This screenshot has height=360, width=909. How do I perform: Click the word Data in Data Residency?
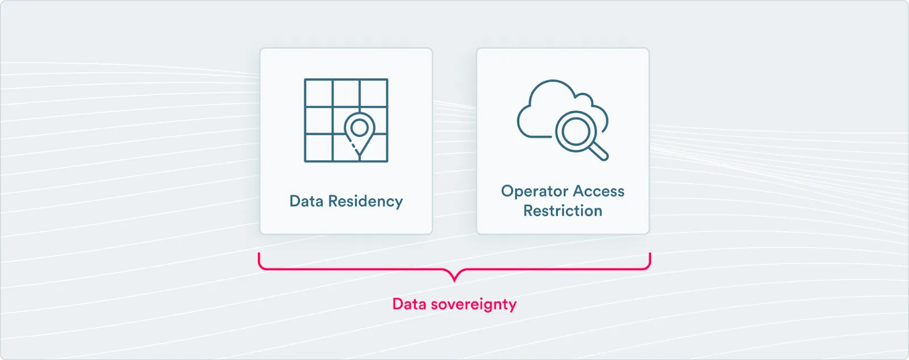coord(307,201)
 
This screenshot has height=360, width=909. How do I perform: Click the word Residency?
coord(365,202)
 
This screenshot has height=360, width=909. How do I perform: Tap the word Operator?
coord(535,191)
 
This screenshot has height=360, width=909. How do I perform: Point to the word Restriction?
coord(562,211)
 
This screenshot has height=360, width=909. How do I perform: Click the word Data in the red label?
coord(409,304)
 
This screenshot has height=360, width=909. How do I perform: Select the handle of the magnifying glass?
coord(599,151)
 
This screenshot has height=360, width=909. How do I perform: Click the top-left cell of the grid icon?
coord(319,93)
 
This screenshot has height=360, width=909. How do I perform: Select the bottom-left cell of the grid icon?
coord(319,147)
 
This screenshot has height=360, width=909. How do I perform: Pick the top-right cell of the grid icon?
coord(374,93)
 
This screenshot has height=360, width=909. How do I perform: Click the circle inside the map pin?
coord(359,127)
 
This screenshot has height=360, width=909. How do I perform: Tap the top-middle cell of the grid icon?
coord(346,93)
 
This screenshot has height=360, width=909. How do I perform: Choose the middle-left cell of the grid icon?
coord(319,120)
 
